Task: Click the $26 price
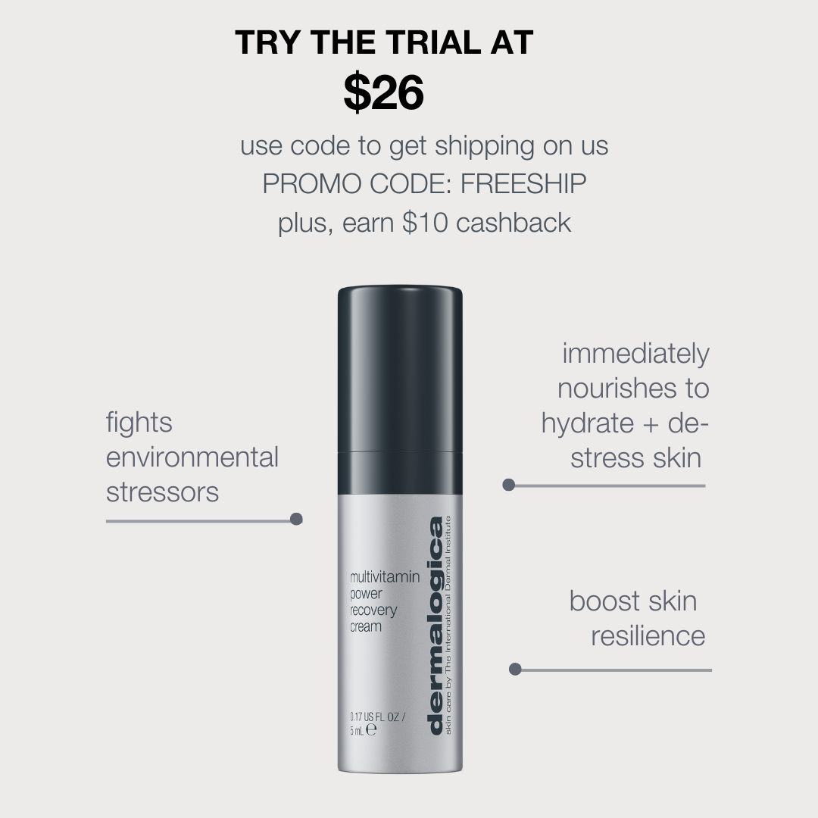(x=383, y=93)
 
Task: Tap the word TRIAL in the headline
(x=432, y=42)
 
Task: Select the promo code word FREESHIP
(x=523, y=183)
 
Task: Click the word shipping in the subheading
(x=485, y=146)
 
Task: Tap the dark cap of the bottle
(x=400, y=368)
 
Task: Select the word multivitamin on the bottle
(x=385, y=576)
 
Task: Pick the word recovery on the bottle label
(x=373, y=610)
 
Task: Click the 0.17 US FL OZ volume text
(x=377, y=717)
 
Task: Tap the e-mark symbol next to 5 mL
(x=371, y=730)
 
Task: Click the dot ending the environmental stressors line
(x=296, y=519)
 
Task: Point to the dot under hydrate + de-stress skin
(x=509, y=485)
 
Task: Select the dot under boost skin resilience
(x=515, y=669)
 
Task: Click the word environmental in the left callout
(x=192, y=457)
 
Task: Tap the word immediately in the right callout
(x=635, y=354)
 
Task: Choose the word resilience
(x=648, y=636)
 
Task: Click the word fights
(x=139, y=423)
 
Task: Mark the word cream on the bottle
(x=366, y=626)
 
